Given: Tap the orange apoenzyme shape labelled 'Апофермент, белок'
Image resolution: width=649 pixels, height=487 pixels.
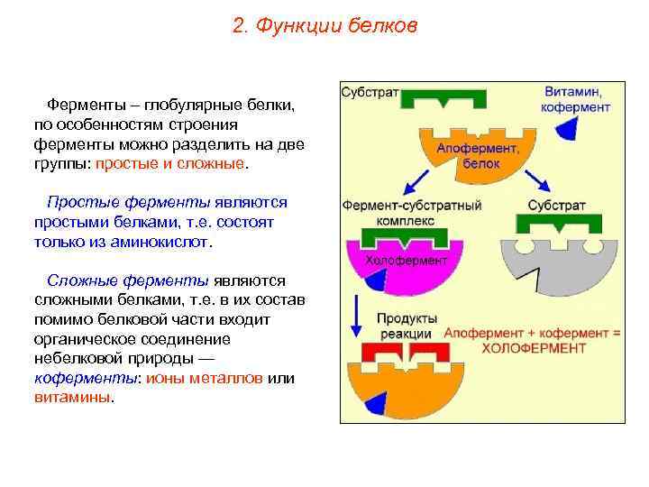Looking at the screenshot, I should click(474, 153).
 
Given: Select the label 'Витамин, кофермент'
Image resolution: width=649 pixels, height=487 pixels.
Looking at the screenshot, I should click(576, 99).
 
